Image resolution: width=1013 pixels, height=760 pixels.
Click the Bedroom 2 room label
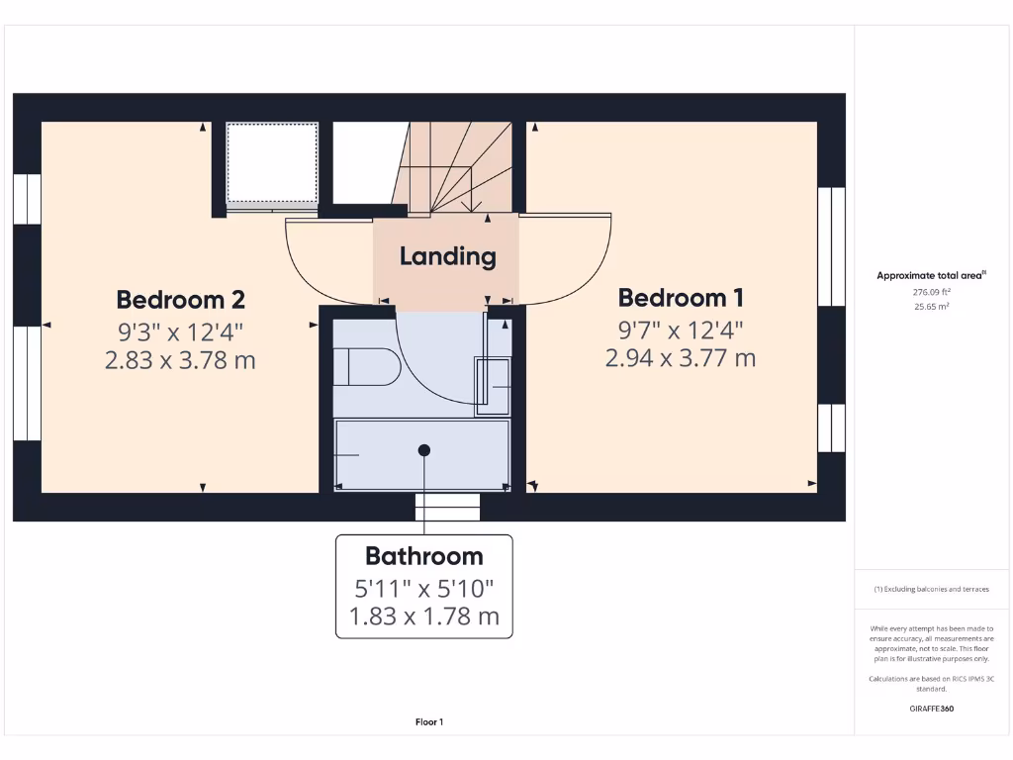[180, 299]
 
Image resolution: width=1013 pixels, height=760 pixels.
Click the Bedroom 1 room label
[681, 297]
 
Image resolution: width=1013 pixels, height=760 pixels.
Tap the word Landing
[447, 256]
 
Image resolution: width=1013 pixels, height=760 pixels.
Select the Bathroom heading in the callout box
[423, 556]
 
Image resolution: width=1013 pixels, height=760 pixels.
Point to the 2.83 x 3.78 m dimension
[180, 360]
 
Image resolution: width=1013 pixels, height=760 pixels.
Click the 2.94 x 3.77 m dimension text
[681, 358]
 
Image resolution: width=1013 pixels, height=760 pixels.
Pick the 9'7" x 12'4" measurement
[681, 329]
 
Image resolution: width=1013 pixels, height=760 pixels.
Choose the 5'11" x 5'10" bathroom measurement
[423, 589]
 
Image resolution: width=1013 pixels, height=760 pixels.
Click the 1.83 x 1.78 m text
[423, 618]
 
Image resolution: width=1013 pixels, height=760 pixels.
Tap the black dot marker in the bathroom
[424, 450]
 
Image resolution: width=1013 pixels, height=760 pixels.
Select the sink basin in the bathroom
[494, 385]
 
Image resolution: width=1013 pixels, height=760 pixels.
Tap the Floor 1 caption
[429, 722]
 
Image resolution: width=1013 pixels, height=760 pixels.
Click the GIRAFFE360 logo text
[931, 709]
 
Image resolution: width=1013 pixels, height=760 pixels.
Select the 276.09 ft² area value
[931, 293]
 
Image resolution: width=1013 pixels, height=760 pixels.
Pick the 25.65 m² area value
[931, 307]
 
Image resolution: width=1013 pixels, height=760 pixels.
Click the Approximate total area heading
[931, 276]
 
